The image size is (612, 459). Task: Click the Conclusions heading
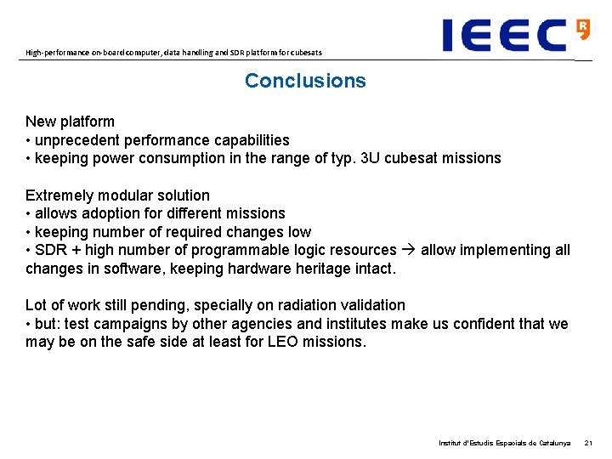[305, 81]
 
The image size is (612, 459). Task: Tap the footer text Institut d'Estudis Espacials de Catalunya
[504, 443]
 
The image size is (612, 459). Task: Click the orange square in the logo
[582, 28]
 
